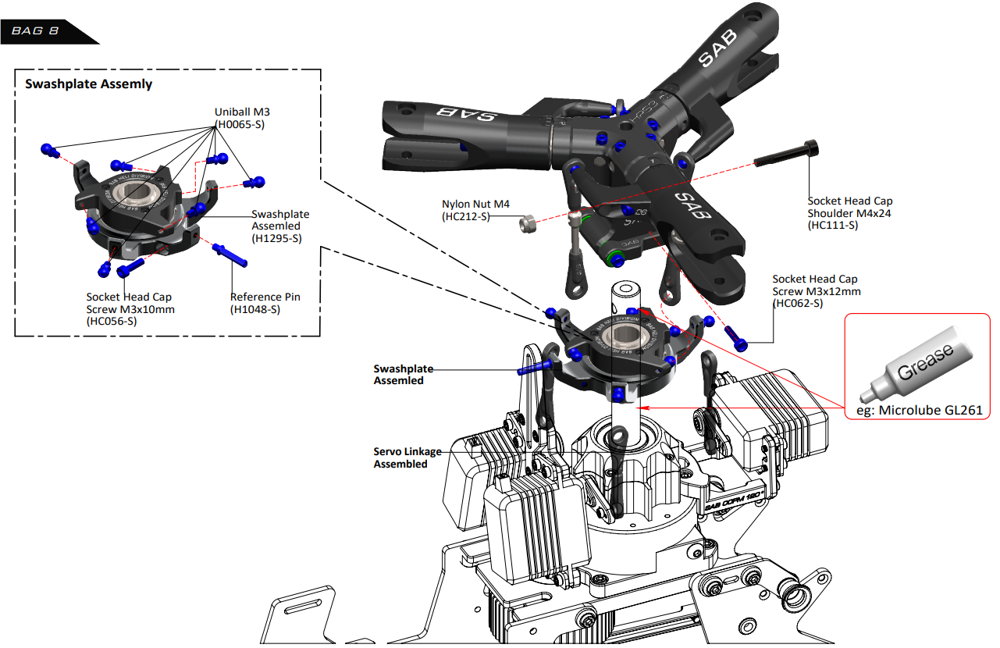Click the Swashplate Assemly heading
click(x=89, y=84)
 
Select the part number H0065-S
click(x=240, y=124)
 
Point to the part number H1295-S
click(x=276, y=239)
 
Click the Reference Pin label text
click(x=265, y=297)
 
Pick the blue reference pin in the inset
click(x=230, y=255)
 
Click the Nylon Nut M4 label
click(x=475, y=205)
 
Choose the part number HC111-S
click(x=833, y=225)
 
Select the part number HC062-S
click(x=797, y=303)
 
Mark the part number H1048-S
click(x=255, y=309)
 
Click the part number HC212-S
click(x=465, y=216)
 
